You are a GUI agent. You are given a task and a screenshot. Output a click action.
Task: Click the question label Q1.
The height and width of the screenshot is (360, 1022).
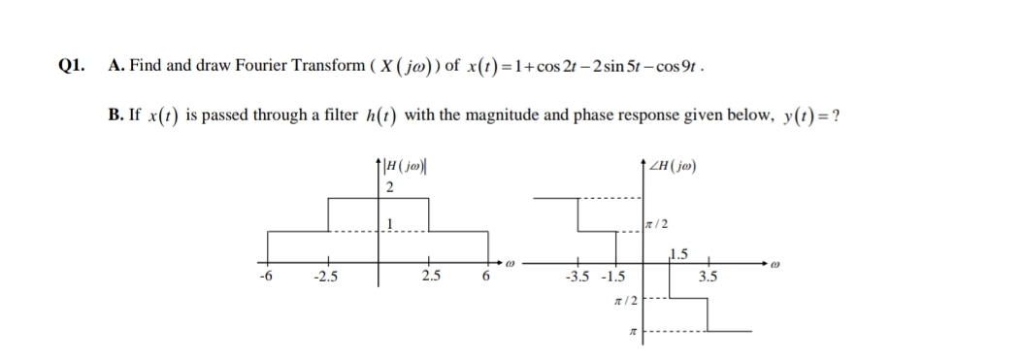click(71, 66)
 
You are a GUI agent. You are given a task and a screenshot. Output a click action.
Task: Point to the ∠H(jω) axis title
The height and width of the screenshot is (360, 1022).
click(677, 166)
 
